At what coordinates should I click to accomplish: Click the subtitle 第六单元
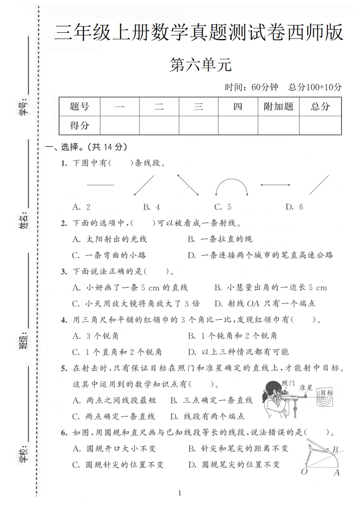tap(200, 65)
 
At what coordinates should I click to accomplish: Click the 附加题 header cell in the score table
tap(278, 107)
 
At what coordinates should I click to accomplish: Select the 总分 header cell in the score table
tap(320, 107)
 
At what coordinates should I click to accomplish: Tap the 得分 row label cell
tap(79, 125)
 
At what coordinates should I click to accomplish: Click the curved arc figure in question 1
tap(232, 186)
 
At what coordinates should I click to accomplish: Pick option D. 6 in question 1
tap(294, 207)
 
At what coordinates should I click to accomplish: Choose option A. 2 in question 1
tap(81, 207)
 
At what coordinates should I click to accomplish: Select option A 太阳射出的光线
tap(109, 239)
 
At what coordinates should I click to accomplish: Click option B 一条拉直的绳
tap(220, 239)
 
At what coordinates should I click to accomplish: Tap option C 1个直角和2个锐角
tap(117, 352)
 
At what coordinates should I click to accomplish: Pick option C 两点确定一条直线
tap(113, 416)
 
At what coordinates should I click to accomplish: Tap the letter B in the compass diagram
tap(335, 450)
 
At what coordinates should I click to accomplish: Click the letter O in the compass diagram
tap(304, 472)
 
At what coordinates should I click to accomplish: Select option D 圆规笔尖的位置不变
tap(234, 465)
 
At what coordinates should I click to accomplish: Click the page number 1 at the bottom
tap(180, 493)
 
